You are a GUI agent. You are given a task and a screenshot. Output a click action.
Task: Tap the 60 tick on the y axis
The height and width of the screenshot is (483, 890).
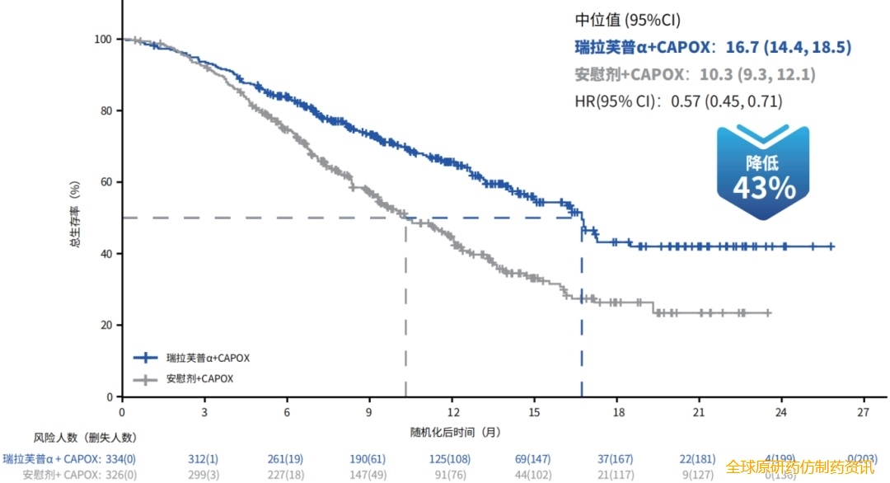(x=106, y=182)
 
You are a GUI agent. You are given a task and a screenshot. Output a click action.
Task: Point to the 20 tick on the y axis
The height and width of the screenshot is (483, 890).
(x=106, y=326)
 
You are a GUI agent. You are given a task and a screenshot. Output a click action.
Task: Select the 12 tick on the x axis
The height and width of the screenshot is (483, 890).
(x=452, y=412)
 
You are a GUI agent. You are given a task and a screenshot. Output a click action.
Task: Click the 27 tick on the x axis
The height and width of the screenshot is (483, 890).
(x=864, y=412)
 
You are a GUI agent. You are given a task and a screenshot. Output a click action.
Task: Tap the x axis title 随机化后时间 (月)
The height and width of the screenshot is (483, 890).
(x=456, y=431)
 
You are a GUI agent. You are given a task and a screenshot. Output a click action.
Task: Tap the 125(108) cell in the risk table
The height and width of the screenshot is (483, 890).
(x=452, y=458)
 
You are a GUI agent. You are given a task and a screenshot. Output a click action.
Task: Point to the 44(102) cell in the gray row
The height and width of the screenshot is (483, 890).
(x=534, y=475)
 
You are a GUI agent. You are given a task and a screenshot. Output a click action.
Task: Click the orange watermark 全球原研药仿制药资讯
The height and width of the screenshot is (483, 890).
(x=799, y=467)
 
